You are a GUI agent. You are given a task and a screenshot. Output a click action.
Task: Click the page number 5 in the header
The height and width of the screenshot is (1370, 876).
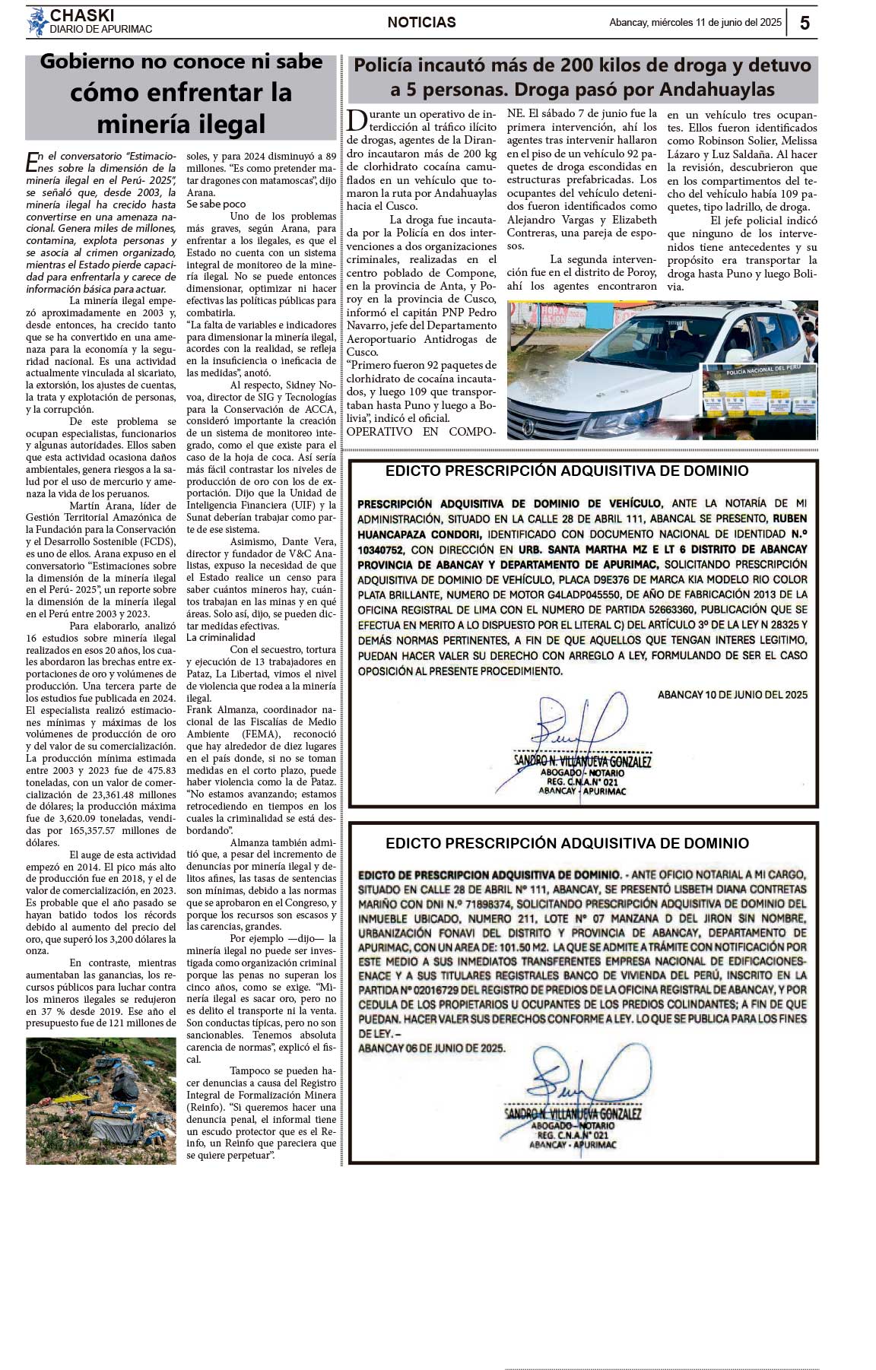[x=805, y=23]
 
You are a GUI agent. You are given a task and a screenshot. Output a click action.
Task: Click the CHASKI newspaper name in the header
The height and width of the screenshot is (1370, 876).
[x=82, y=15]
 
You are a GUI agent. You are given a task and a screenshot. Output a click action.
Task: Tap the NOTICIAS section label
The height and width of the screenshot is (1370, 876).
[x=421, y=23]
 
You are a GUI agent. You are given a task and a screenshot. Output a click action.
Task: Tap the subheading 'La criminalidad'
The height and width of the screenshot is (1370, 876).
[x=221, y=637]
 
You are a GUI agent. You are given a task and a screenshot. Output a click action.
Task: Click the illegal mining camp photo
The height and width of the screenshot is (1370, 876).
[x=101, y=1101]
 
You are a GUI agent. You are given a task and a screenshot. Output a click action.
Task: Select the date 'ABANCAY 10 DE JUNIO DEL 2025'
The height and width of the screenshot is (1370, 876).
[x=732, y=695]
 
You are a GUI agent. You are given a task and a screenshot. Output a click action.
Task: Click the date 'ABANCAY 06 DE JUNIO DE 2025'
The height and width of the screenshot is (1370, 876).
[x=431, y=1048]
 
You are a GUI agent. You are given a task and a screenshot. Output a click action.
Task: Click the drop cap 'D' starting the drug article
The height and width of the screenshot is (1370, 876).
[x=356, y=119]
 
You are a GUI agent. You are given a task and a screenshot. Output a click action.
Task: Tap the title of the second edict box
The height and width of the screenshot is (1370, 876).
[x=567, y=843]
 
